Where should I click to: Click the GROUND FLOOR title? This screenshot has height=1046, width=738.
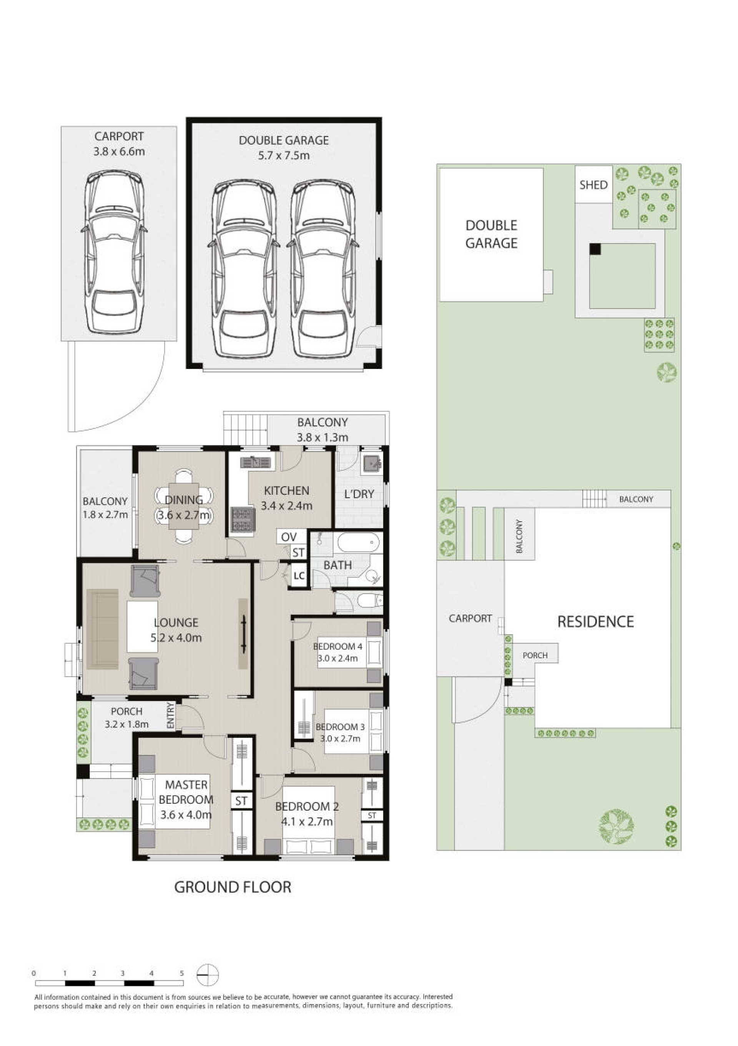point(233,887)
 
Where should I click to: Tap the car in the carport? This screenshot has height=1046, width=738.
point(114,252)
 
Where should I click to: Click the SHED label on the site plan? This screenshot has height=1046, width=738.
point(593,185)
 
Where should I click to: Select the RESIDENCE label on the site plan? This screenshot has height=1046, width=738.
point(595,621)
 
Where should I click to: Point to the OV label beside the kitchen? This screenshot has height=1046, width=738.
point(289,537)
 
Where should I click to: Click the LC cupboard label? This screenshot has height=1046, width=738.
point(299,576)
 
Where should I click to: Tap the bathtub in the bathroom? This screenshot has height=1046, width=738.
point(358,542)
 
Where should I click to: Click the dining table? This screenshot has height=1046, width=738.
point(183,505)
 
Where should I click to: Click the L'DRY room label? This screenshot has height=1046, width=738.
point(359,494)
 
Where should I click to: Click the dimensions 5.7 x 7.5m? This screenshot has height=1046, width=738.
point(284,155)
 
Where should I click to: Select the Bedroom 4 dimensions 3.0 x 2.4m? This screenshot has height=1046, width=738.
point(337,658)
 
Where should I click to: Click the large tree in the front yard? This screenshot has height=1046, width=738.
point(617,826)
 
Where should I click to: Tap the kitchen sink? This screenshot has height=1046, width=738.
point(255,462)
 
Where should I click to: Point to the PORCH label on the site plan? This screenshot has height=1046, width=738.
point(535,655)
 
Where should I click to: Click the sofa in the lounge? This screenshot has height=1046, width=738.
point(103,629)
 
